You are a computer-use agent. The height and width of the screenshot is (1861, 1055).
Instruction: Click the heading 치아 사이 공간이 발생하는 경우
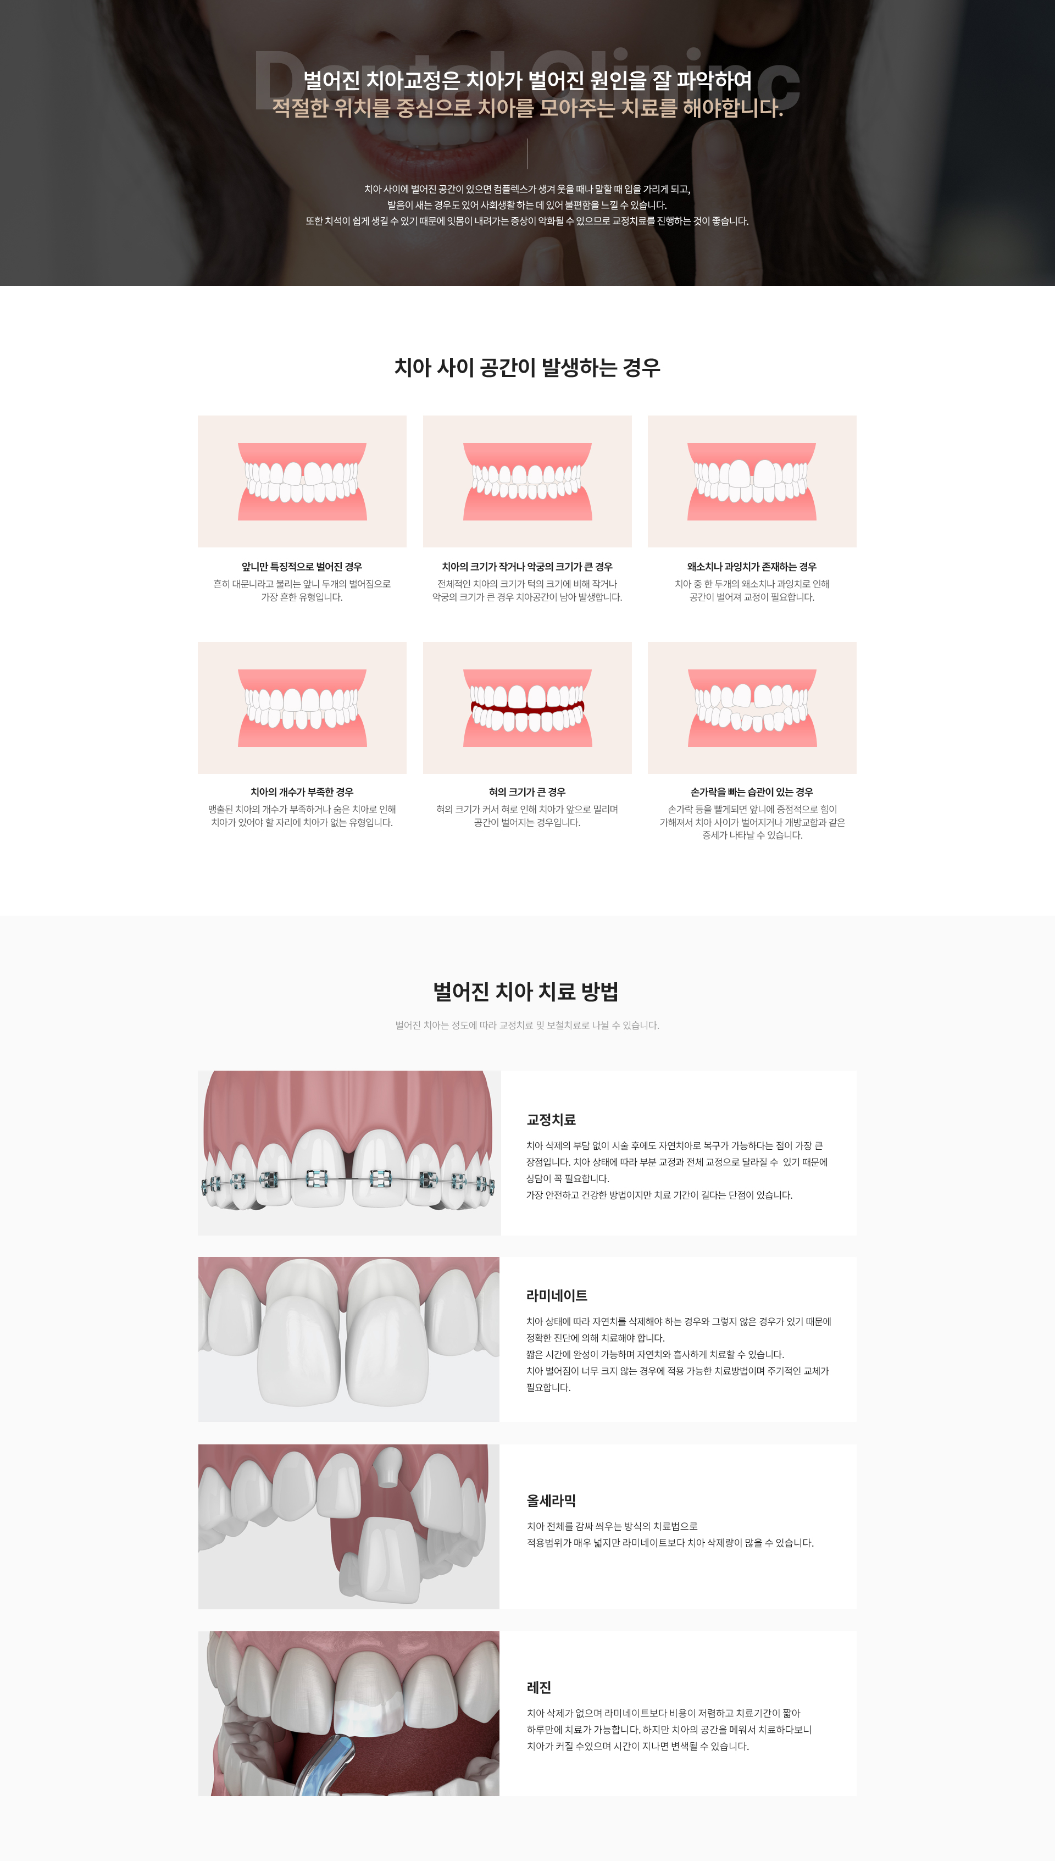(527, 367)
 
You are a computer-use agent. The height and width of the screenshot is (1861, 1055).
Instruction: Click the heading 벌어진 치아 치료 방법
(526, 992)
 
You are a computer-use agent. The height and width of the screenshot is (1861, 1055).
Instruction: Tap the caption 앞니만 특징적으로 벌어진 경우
(302, 567)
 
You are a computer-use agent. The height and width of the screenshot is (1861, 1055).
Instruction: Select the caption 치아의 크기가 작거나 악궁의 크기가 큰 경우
(527, 567)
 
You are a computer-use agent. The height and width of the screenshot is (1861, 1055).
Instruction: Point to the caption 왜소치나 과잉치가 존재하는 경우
(752, 567)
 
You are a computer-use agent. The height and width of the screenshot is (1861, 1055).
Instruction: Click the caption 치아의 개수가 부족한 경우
(302, 792)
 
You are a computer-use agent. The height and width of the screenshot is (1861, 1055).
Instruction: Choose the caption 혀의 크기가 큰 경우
(527, 792)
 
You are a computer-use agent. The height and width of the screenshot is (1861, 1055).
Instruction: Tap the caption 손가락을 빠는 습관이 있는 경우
(752, 792)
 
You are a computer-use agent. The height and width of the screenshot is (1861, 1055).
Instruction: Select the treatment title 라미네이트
(557, 1296)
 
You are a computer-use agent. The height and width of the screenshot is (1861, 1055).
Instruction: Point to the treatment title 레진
(539, 1688)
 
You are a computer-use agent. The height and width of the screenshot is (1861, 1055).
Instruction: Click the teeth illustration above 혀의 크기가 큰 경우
(527, 708)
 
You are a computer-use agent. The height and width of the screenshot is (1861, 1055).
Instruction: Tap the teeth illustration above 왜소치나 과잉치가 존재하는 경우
(752, 481)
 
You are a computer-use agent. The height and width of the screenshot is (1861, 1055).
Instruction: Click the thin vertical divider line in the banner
(527, 154)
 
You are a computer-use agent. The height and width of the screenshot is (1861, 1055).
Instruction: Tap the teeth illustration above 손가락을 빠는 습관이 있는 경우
(752, 708)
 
